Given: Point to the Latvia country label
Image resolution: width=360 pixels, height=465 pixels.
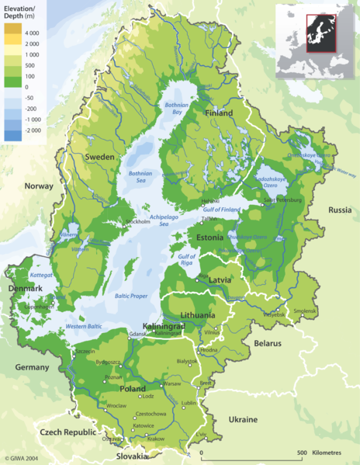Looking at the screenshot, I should (x=220, y=279).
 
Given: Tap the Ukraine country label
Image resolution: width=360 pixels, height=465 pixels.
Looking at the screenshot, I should (x=242, y=419).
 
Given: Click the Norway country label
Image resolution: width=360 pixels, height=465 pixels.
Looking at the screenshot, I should (x=39, y=186).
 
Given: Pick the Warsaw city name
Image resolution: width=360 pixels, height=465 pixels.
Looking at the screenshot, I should (x=172, y=383).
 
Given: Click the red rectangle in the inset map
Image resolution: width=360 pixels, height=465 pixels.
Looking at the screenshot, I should (x=320, y=33).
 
